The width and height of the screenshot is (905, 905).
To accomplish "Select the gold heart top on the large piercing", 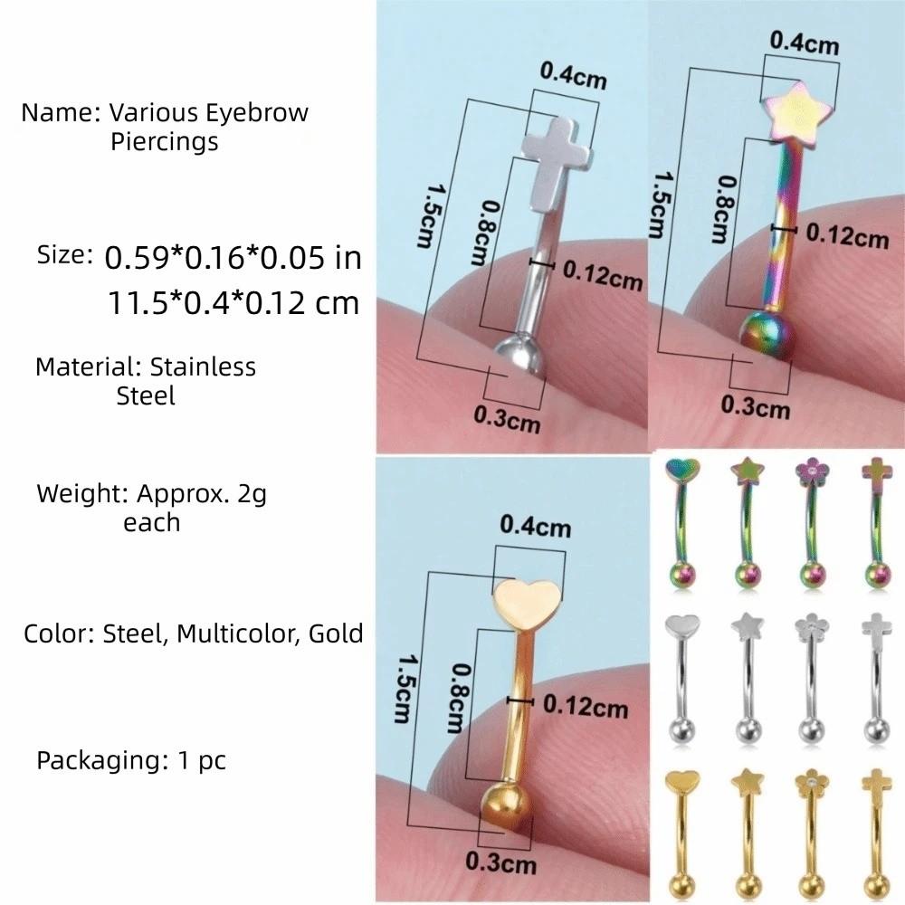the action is (527, 604).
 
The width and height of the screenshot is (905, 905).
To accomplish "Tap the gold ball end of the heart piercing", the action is (506, 807).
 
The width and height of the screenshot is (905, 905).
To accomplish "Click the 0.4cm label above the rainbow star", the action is (805, 43).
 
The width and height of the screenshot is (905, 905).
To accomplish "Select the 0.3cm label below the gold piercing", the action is (501, 862).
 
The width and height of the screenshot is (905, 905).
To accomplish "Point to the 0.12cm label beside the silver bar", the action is (603, 276).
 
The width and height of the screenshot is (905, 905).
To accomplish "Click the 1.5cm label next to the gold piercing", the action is (402, 688).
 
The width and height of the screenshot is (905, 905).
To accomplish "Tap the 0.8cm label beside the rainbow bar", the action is (722, 208).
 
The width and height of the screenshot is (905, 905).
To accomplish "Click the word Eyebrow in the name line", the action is (257, 113).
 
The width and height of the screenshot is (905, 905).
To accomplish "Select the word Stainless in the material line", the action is (203, 367).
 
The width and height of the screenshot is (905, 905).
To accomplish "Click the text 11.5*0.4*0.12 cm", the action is (233, 302).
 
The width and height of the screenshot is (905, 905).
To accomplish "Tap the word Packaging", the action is (101, 761).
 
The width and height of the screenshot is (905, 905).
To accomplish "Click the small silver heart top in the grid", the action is (682, 625).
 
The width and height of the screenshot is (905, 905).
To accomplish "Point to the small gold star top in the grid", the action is (747, 781).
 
